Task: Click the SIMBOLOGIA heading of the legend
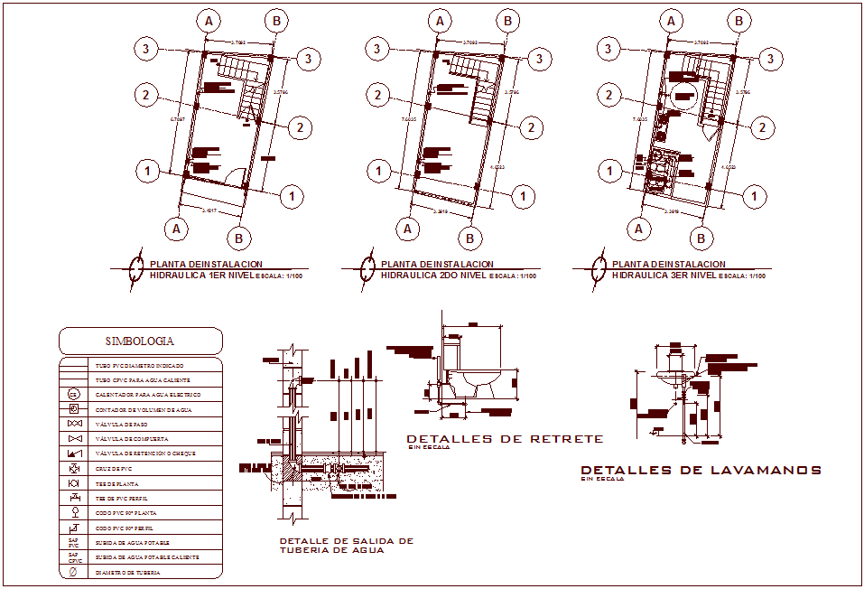140,341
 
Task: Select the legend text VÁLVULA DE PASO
121,424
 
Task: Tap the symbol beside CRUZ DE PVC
74,469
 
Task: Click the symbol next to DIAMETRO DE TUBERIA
74,572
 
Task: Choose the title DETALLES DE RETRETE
505,438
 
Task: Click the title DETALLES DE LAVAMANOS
701,470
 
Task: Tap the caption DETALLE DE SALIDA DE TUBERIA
346,545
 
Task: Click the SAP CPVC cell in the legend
74,557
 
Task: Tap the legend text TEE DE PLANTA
116,484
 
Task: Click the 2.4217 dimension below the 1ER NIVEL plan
209,210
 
